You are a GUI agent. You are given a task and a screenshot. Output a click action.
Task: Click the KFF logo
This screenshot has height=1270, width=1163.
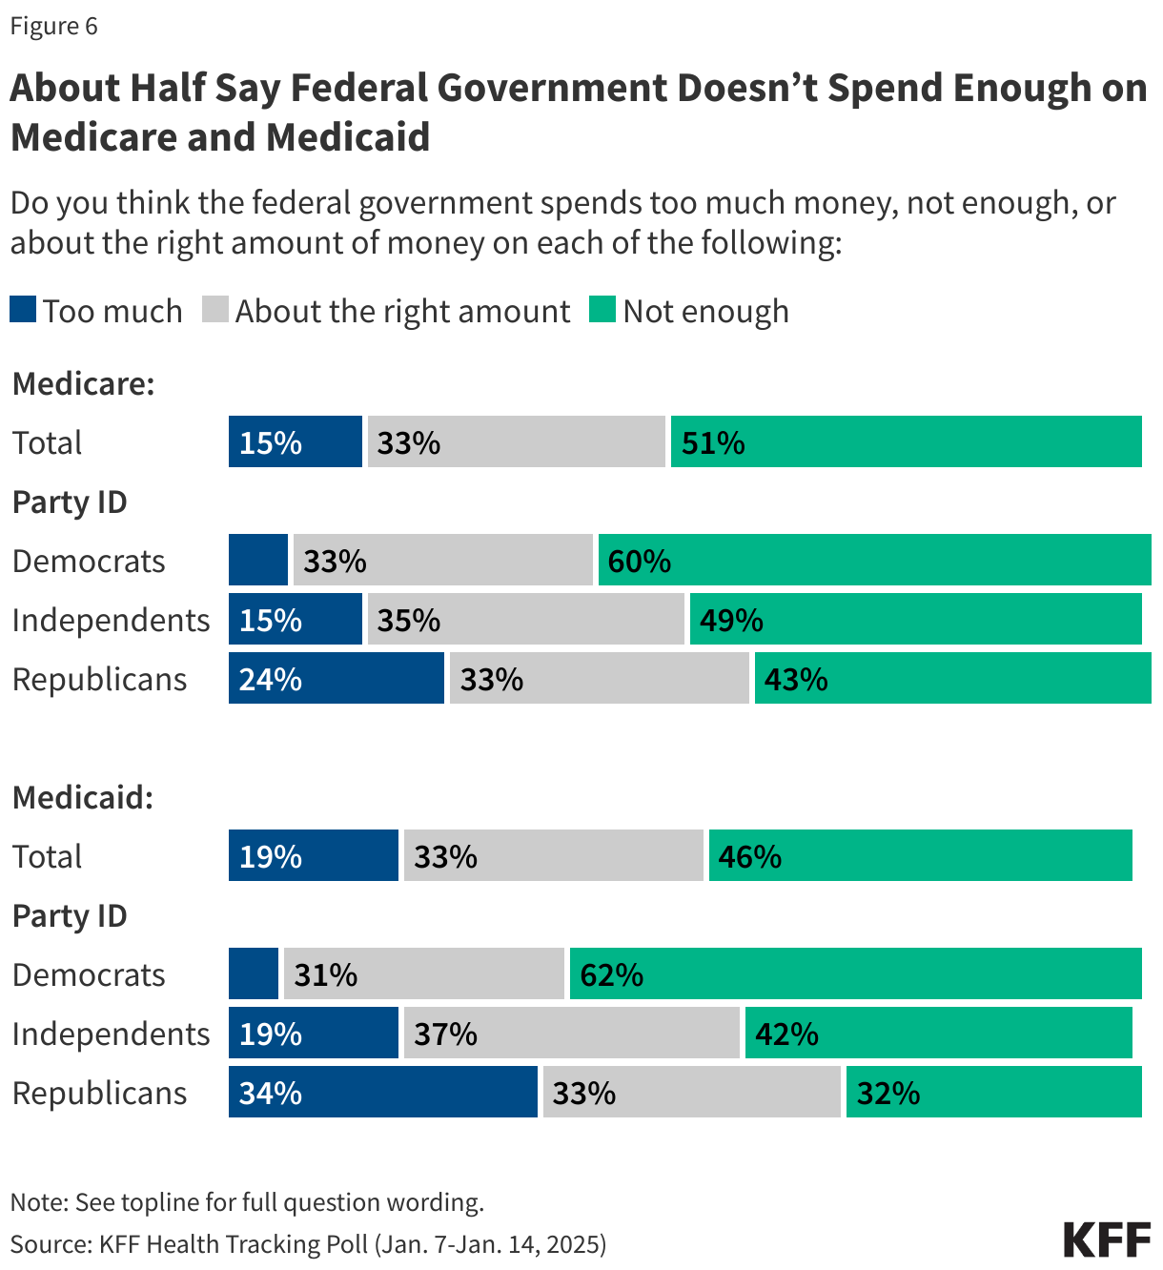pos(1107,1239)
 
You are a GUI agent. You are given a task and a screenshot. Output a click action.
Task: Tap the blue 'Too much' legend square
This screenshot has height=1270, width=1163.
pos(23,310)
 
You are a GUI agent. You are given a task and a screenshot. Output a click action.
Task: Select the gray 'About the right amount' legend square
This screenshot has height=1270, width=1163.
pos(215,310)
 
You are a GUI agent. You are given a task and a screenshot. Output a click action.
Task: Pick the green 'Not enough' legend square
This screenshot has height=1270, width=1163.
pos(602,310)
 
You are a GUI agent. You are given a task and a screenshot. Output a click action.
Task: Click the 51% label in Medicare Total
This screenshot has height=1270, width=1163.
pos(713,442)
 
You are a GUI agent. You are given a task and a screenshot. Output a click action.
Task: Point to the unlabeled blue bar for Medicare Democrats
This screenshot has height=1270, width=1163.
pos(258,560)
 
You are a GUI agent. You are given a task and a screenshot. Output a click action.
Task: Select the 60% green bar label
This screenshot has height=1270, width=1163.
pos(640,561)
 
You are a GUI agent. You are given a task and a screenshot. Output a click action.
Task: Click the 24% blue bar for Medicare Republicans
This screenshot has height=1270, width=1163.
pos(336,679)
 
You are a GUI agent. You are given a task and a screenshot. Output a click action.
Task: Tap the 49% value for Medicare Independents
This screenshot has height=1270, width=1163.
pos(731,620)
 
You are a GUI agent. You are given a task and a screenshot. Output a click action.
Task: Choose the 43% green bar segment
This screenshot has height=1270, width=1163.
pos(952,679)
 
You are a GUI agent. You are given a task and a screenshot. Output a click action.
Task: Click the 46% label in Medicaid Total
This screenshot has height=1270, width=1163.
pos(750,856)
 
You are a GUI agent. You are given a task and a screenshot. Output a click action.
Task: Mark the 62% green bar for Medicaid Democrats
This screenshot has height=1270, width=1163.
pos(855,973)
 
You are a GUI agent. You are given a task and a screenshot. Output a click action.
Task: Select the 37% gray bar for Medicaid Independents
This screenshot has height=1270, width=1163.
pos(572,1034)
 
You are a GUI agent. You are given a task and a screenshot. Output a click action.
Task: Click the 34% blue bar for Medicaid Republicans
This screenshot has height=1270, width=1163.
pos(382,1093)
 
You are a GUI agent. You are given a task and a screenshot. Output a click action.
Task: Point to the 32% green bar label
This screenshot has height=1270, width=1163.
pos(888,1093)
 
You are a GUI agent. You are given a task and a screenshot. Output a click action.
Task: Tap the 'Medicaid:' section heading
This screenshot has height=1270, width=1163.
pos(83,797)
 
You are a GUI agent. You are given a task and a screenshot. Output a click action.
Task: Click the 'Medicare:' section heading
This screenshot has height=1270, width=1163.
pos(84,383)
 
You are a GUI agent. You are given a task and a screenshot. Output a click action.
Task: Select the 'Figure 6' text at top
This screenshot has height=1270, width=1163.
pos(54,26)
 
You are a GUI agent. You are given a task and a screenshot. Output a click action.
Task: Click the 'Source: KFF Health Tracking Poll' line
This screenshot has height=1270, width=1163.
pos(308,1243)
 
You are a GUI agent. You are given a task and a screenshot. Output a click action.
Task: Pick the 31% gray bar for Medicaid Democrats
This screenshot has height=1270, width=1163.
pos(423,973)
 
